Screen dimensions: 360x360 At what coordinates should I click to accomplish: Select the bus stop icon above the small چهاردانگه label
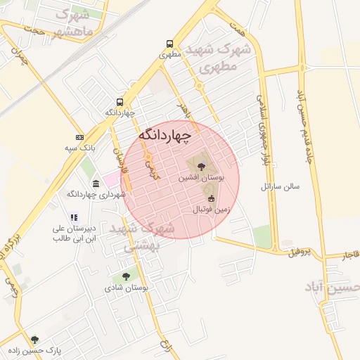[x=120, y=101]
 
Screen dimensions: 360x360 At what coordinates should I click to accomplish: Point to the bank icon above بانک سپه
[x=79, y=137]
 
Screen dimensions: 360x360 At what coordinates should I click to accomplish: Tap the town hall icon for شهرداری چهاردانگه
[x=96, y=184]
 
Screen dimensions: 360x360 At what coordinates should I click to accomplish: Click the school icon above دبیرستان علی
[x=73, y=217]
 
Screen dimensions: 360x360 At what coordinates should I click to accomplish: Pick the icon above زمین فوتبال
[x=210, y=199]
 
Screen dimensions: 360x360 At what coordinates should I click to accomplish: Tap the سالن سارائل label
[x=279, y=186]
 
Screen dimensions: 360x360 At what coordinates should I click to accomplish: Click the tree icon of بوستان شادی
[x=126, y=277]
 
